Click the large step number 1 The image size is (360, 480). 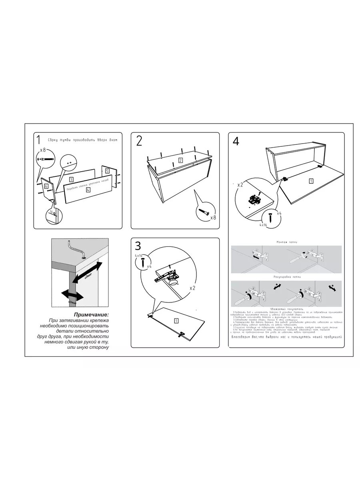[38, 140]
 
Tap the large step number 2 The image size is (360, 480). [139, 141]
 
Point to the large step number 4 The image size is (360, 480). [236, 141]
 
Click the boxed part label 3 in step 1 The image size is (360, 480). [71, 180]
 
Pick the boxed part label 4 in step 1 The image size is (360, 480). [88, 190]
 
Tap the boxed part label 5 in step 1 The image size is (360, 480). [107, 171]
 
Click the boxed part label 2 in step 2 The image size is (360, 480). [181, 160]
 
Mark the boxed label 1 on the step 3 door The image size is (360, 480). [176, 320]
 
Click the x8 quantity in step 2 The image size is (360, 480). [213, 218]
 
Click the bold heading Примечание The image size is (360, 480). [91, 315]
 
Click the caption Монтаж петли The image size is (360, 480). [286, 242]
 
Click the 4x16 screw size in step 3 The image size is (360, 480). [138, 255]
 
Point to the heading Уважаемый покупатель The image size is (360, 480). [286, 309]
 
